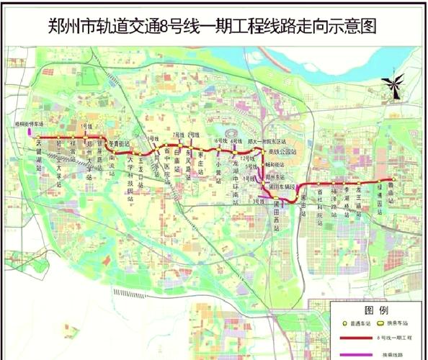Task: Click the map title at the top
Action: (214, 27)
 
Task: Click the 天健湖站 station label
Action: (39, 154)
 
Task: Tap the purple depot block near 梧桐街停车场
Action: (30, 132)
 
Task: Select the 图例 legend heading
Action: (375, 310)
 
